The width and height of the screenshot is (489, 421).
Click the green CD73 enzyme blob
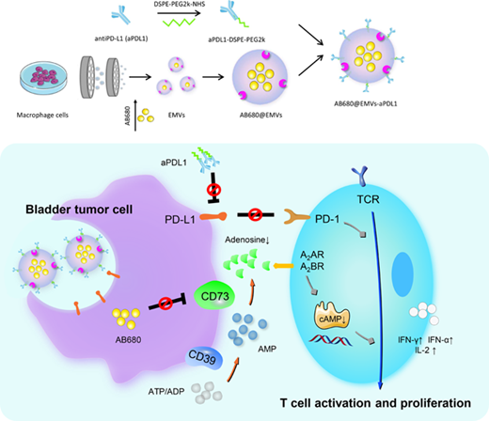tap(214, 295)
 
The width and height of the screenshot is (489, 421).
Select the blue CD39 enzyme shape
tap(204, 357)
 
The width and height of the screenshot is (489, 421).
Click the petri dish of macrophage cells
tap(43, 78)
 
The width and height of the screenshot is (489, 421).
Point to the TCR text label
tap(368, 199)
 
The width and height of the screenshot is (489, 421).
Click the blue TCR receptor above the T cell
tap(360, 176)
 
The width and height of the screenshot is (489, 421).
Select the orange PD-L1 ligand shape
tap(213, 216)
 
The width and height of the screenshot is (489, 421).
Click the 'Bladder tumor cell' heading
tap(79, 210)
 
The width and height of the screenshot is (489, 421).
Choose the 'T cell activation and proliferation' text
tap(375, 403)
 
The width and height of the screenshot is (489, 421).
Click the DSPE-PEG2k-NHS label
tap(180, 5)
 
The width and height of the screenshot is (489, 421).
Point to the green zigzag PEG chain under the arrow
tap(180, 23)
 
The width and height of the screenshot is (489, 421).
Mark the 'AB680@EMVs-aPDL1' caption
tap(366, 103)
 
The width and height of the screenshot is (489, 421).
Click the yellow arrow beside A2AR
tap(283, 266)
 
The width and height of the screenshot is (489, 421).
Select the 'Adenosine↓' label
tap(247, 240)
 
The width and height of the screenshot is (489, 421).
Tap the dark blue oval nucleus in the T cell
tap(402, 274)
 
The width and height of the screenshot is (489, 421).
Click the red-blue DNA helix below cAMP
tap(331, 340)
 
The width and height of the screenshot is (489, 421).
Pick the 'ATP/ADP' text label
tap(166, 391)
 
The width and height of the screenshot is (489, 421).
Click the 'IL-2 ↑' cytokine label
tap(425, 351)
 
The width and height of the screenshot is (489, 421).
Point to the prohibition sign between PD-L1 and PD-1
tap(256, 215)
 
